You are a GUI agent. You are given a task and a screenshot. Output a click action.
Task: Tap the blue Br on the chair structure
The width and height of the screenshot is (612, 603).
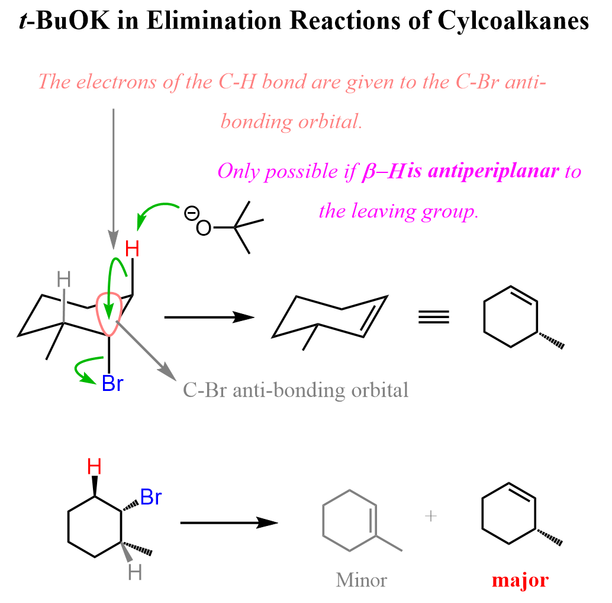click(x=112, y=384)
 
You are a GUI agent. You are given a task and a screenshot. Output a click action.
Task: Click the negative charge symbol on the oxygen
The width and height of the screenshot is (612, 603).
click(x=191, y=213)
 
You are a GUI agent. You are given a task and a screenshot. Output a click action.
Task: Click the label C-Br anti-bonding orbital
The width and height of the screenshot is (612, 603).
click(x=295, y=390)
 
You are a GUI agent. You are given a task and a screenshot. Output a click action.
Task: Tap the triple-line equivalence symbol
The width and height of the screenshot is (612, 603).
click(x=434, y=317)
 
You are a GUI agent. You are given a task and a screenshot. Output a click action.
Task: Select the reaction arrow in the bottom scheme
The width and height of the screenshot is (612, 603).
click(x=228, y=522)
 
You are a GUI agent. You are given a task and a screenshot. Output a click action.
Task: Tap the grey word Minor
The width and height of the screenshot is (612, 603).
click(x=362, y=579)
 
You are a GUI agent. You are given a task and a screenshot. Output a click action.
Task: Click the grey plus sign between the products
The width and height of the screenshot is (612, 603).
click(x=431, y=517)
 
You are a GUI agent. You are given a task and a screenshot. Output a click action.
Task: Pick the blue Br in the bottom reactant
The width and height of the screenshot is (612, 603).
click(x=150, y=498)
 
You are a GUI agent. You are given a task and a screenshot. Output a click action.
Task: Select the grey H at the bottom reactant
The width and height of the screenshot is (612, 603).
click(x=135, y=573)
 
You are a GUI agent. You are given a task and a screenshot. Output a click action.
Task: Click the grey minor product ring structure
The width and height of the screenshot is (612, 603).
click(x=350, y=521)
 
